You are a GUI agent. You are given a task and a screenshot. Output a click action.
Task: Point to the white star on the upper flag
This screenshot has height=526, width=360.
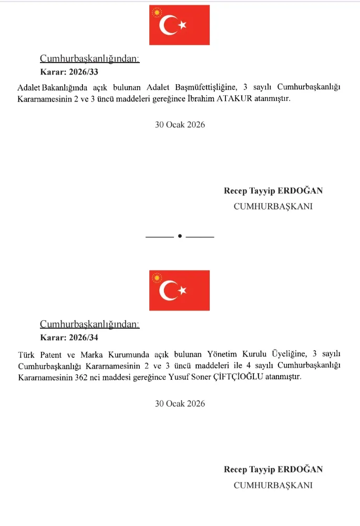click(x=183, y=25)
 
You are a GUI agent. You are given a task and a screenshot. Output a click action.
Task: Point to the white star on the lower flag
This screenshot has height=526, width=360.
click(x=183, y=290)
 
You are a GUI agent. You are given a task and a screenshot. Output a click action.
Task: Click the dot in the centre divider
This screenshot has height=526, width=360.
click(x=180, y=236)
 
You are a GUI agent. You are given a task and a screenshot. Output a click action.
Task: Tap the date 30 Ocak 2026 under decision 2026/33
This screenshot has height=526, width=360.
click(x=180, y=125)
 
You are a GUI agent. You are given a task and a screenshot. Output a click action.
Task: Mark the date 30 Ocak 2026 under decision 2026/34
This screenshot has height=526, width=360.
click(x=180, y=404)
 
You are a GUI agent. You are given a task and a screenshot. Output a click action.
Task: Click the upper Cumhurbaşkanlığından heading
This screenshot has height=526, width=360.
click(x=90, y=59)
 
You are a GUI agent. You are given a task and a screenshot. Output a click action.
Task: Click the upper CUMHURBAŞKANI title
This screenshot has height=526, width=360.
click(x=273, y=207)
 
